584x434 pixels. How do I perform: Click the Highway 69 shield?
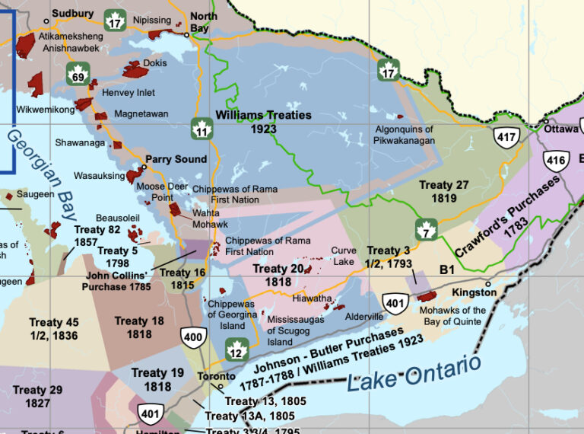click(78, 75)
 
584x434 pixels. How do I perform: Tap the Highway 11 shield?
click(202, 129)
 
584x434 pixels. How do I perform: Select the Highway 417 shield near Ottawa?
click(506, 137)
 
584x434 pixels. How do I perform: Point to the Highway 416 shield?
click(556, 161)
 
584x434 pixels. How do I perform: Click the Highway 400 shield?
click(192, 336)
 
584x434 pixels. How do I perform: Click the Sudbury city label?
click(72, 14)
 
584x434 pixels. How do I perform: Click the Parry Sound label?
click(176, 159)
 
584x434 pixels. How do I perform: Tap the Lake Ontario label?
click(414, 372)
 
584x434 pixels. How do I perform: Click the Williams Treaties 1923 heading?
click(263, 122)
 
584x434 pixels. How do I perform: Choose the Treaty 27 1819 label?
click(443, 191)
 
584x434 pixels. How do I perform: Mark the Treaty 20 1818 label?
click(278, 275)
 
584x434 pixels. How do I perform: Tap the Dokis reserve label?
click(154, 63)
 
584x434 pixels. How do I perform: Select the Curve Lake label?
click(344, 256)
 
